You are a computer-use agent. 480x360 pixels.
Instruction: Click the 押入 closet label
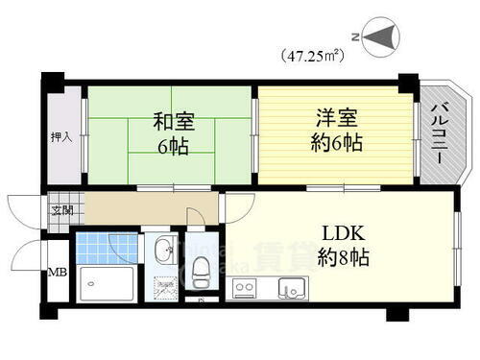60,137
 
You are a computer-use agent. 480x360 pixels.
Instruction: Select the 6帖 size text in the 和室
173,147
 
